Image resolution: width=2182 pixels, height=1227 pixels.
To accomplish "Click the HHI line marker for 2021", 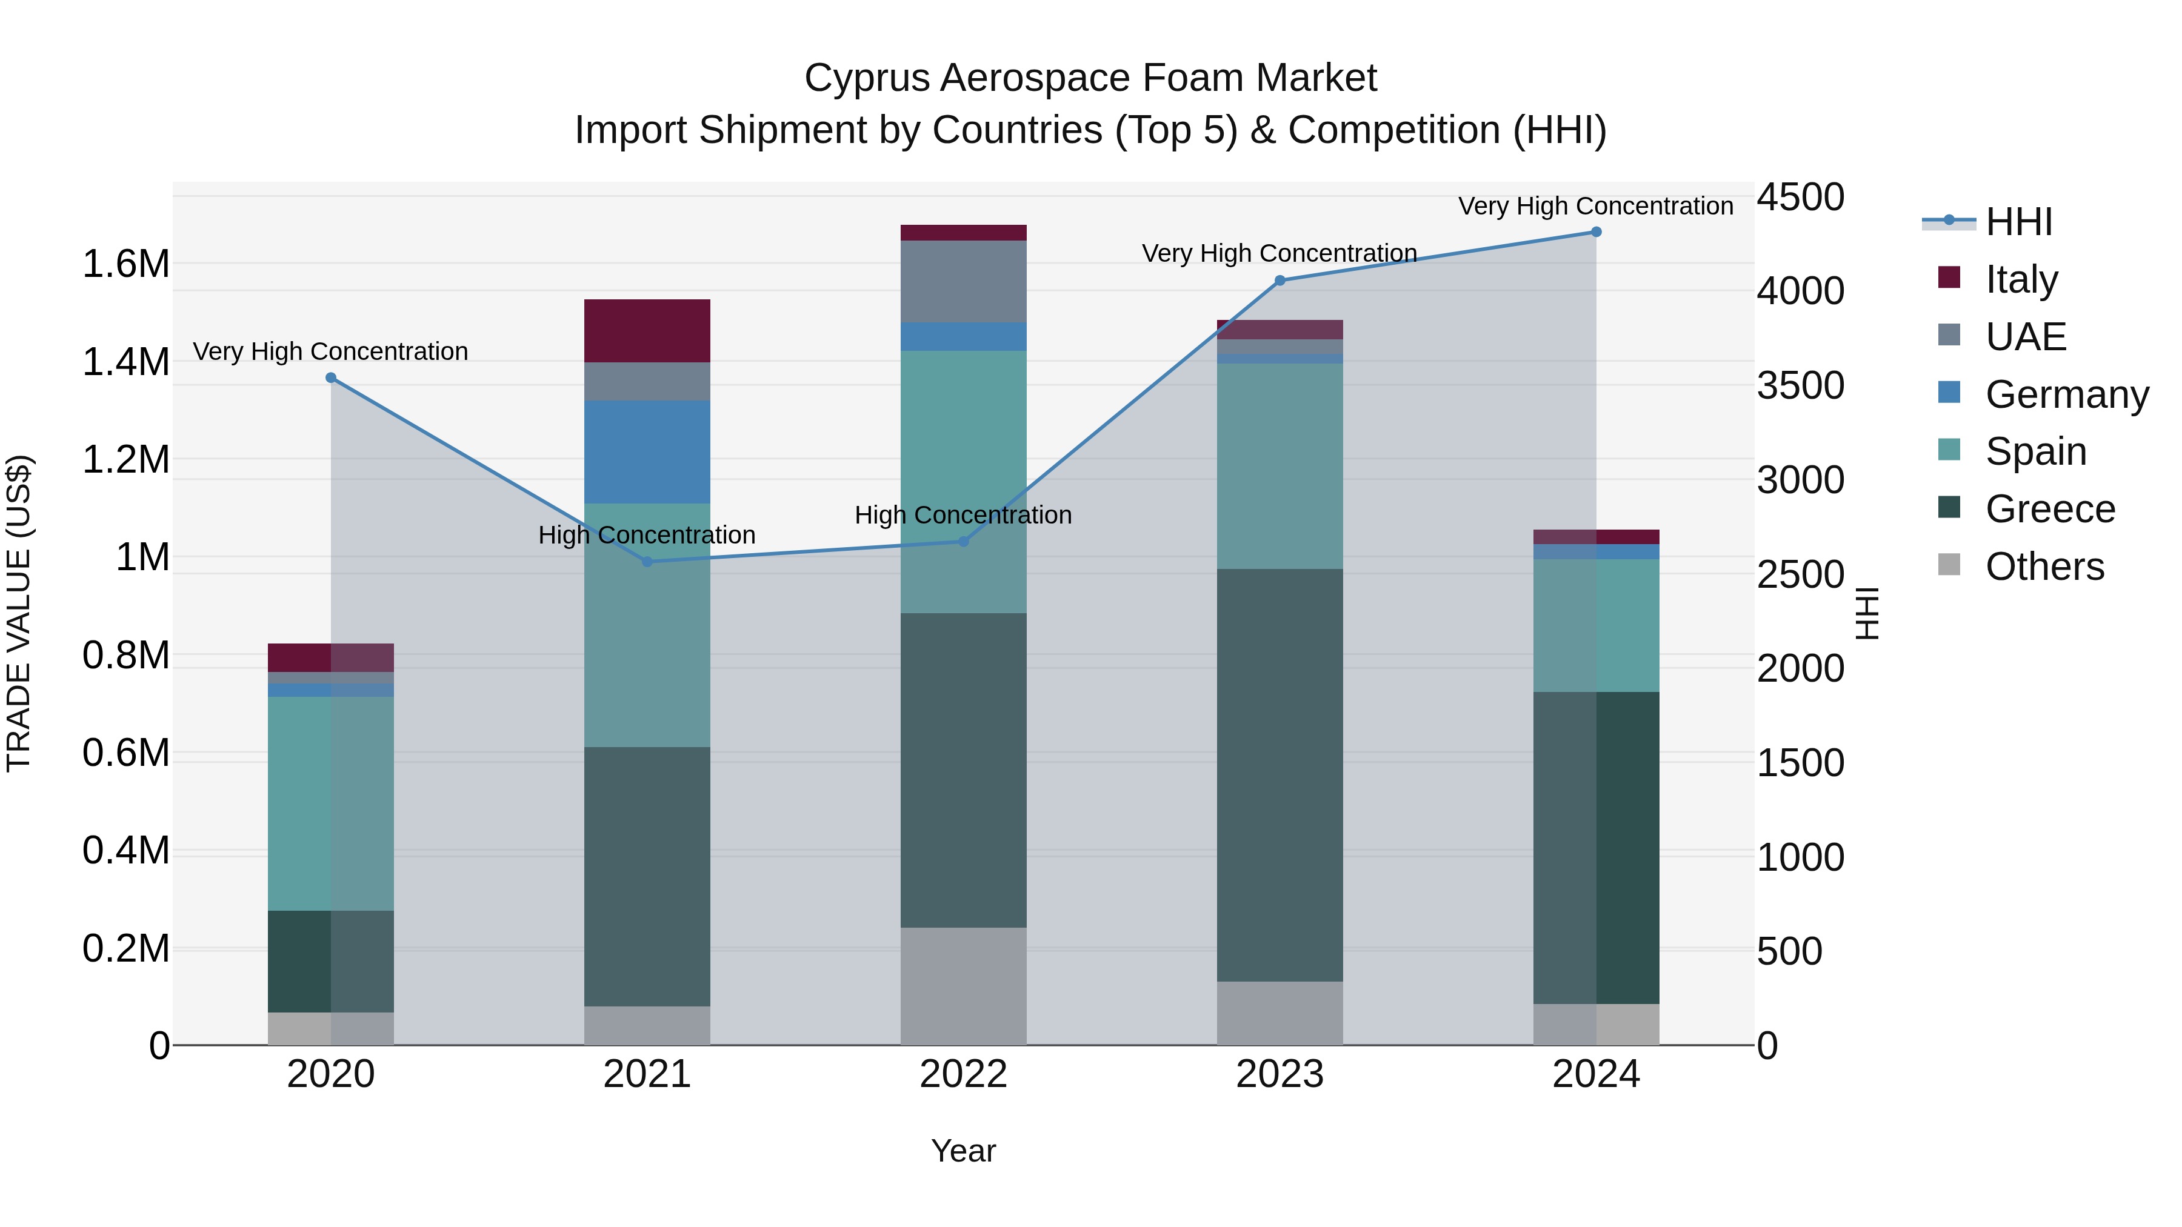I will point(647,562).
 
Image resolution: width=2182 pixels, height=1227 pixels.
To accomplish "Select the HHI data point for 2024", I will point(1596,232).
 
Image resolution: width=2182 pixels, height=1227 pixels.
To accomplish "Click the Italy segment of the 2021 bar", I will point(647,331).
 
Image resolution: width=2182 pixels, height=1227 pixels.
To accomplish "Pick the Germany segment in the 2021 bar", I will point(647,452).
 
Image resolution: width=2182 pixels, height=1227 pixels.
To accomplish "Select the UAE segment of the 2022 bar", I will point(963,281).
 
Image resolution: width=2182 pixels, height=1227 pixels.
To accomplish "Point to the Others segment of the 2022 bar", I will point(963,986).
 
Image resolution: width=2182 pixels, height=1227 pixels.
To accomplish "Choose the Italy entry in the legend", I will point(2021,279).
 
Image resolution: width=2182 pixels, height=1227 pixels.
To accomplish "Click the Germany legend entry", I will point(2067,394).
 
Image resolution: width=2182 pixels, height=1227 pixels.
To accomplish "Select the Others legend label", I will point(2044,567).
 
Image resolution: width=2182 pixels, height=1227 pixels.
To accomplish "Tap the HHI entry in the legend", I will point(2018,222).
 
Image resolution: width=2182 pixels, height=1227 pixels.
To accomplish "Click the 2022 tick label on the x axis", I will point(963,1074).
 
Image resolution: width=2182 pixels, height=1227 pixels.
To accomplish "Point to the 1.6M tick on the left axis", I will point(125,264).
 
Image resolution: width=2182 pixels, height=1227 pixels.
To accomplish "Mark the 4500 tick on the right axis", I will point(1800,198).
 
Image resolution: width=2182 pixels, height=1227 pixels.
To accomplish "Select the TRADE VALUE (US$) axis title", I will point(19,613).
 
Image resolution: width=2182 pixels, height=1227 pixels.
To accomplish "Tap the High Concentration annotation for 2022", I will point(963,515).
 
